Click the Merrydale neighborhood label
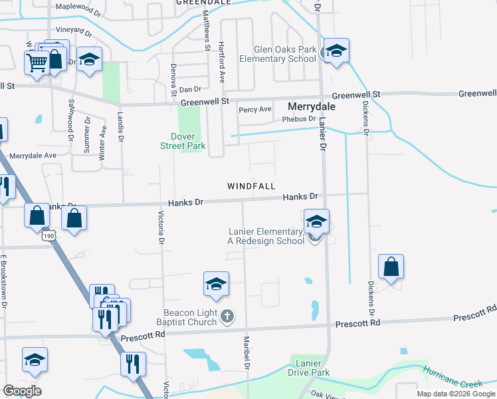coord(311,106)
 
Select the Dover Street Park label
coord(183,141)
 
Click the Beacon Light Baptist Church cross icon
coord(227,317)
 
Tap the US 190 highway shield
coord(47,235)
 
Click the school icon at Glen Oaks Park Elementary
coord(336,52)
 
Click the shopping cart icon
coord(37,62)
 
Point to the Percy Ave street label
coord(255,109)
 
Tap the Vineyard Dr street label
coord(73,31)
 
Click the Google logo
coord(22,390)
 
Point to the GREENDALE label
coord(203,3)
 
